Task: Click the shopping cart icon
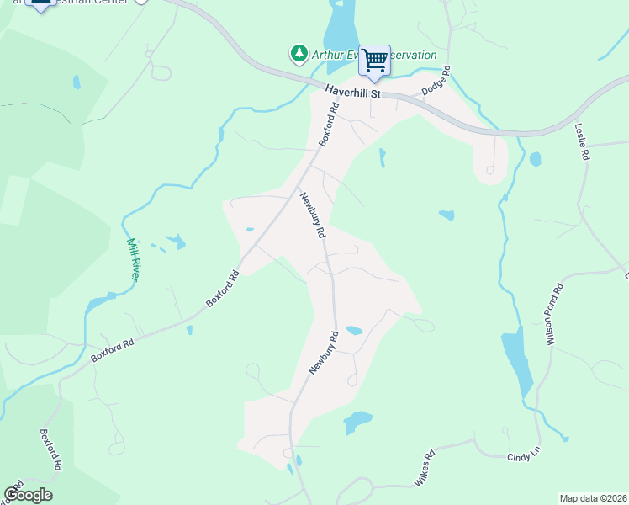[374, 61]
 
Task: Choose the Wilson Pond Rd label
[554, 314]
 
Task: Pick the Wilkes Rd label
[424, 468]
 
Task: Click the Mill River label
[133, 258]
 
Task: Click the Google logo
[28, 494]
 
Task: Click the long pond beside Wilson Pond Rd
[517, 362]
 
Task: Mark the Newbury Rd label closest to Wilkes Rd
[322, 352]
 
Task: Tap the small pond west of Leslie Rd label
[535, 158]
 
